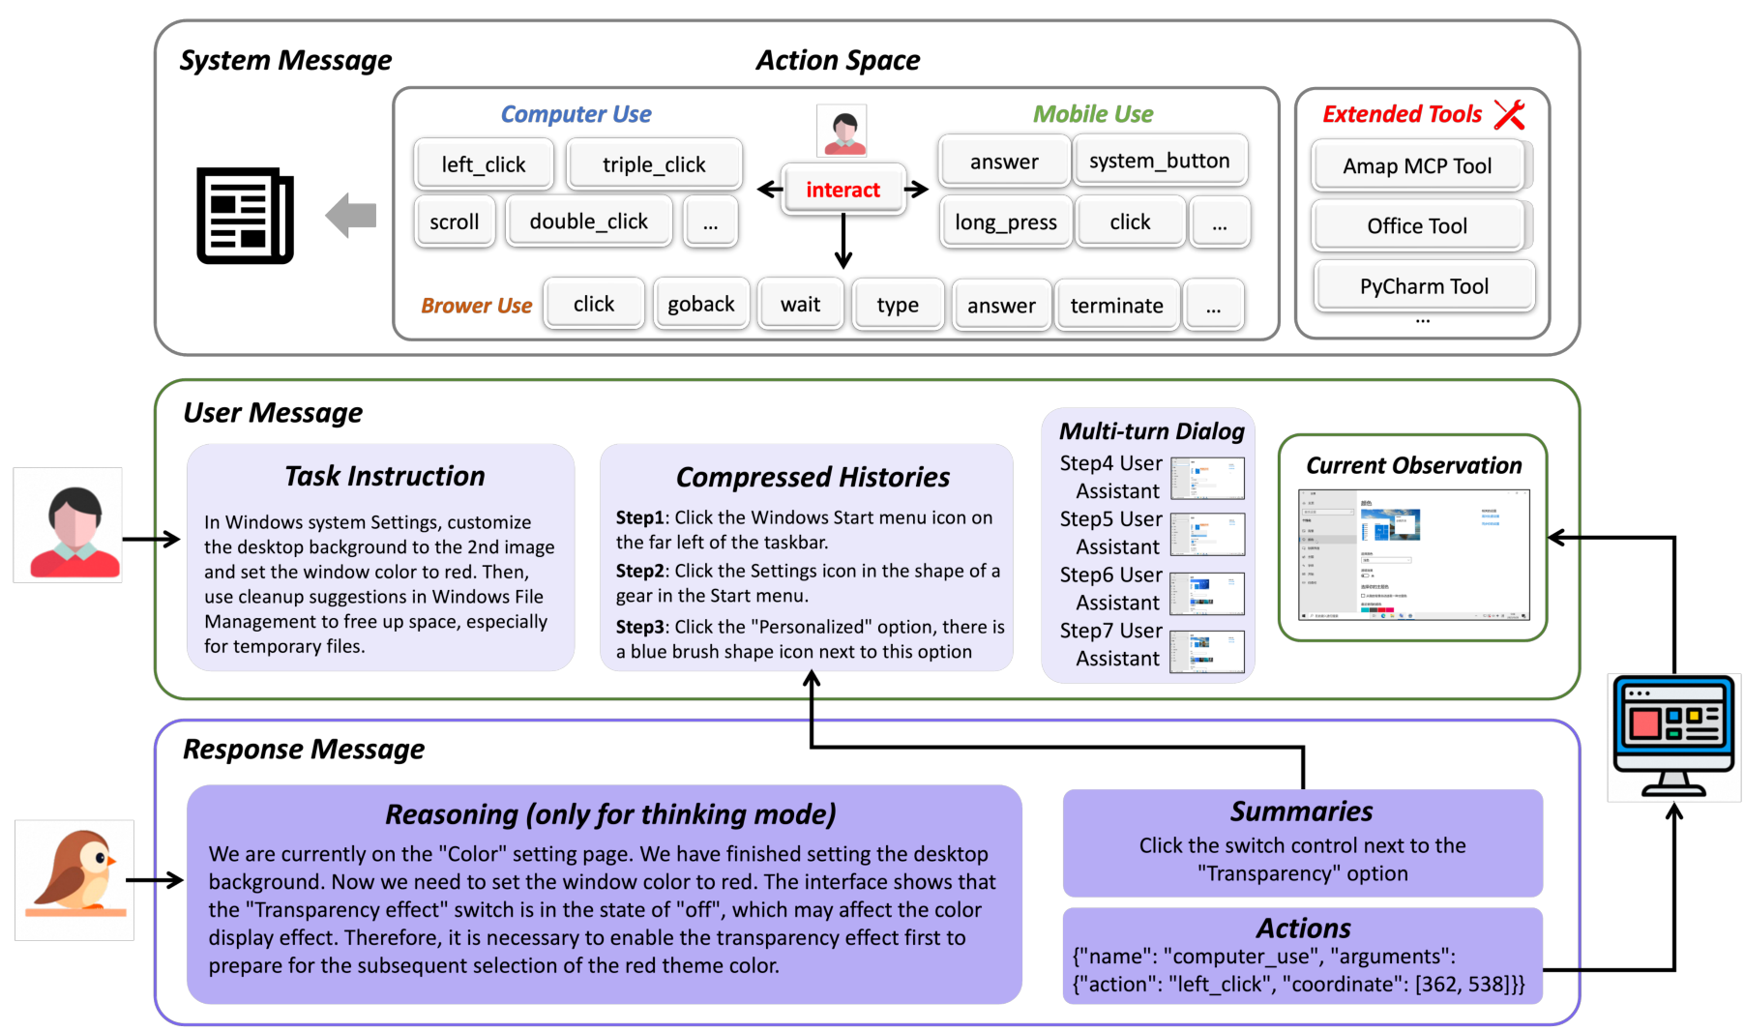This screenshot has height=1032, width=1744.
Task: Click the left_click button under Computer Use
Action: (x=483, y=164)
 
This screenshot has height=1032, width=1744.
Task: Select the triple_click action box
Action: (x=654, y=164)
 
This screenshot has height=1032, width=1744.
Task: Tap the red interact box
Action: (x=842, y=190)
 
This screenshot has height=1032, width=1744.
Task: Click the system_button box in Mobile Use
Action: (x=1159, y=161)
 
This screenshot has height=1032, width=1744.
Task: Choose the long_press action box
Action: (x=1005, y=222)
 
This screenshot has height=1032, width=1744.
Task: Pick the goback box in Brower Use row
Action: (x=700, y=305)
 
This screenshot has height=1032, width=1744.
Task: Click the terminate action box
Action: (x=1116, y=306)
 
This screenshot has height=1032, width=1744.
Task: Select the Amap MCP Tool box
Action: (x=1416, y=166)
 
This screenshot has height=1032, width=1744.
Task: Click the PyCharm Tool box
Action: (x=1423, y=286)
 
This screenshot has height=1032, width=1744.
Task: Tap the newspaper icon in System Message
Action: (x=245, y=215)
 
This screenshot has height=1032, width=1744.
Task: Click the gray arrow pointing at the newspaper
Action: (x=351, y=215)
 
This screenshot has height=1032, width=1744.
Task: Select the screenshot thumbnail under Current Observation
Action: (x=1413, y=554)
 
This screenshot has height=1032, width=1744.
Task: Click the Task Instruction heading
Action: (x=384, y=476)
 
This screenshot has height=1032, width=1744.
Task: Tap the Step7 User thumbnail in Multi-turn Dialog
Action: (x=1206, y=651)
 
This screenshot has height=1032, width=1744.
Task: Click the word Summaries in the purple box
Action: (x=1301, y=811)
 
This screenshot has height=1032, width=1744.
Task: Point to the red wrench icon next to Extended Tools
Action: (x=1509, y=114)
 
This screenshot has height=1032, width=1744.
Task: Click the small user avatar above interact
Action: (x=842, y=131)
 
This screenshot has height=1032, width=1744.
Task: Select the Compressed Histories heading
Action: (x=813, y=477)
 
